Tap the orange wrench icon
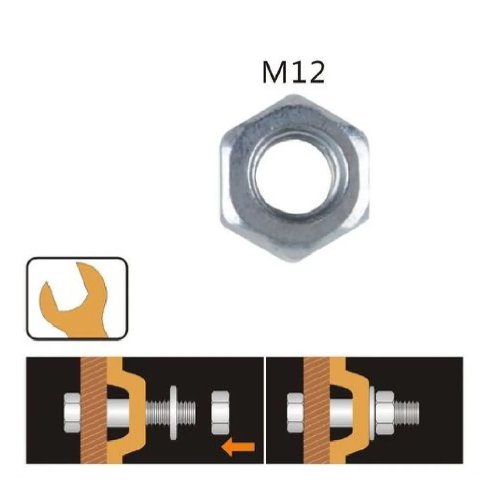pos(74,300)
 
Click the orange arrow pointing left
pos(238,447)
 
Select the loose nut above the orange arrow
pos(220,412)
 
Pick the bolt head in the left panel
pos(72,412)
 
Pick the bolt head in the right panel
pos(295,412)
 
